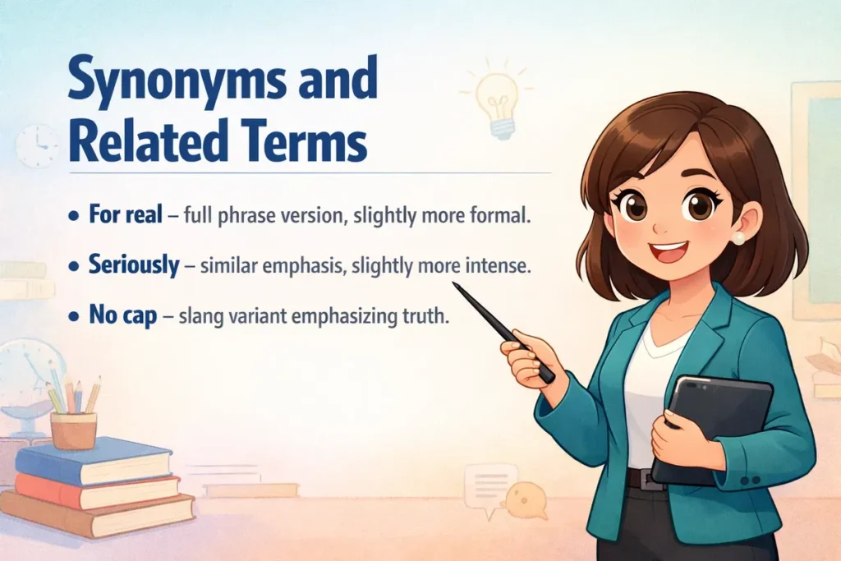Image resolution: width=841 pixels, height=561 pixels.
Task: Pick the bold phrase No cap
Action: (x=122, y=316)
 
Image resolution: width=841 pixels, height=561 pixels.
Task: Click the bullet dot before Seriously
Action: (x=74, y=268)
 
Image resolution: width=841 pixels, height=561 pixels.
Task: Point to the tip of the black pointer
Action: (x=454, y=285)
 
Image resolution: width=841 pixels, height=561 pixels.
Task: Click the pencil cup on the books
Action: (x=73, y=430)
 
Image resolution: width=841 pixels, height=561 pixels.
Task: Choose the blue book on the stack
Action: (x=94, y=460)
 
